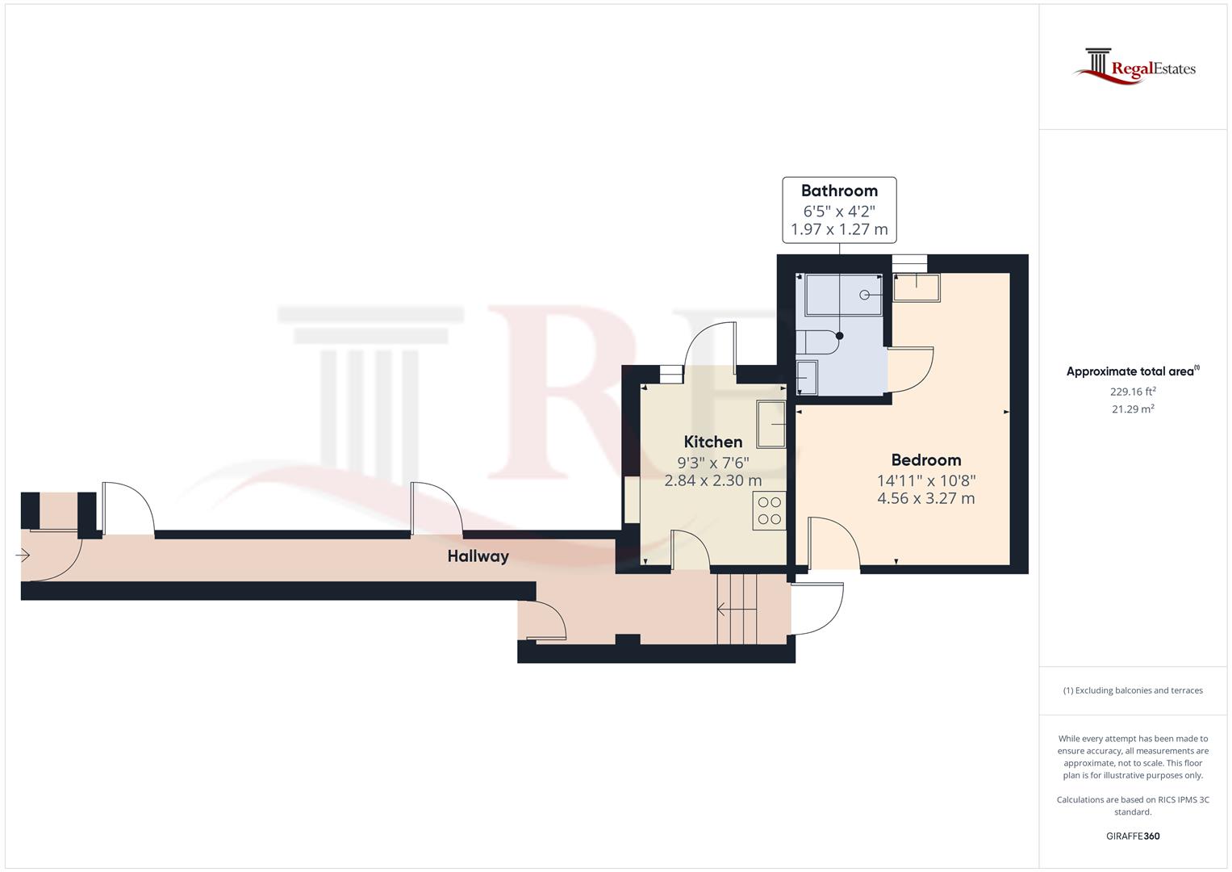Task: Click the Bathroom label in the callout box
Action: [839, 191]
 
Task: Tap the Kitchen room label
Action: [713, 442]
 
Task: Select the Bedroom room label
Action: [925, 460]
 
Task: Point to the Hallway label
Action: [478, 556]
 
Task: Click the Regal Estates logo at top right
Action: [1134, 67]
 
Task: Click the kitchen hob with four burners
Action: [770, 510]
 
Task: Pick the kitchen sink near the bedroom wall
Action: [771, 424]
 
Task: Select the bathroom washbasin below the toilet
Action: [806, 377]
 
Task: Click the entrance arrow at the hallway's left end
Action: [23, 555]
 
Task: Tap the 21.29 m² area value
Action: [1133, 409]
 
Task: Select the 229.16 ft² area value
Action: [1133, 392]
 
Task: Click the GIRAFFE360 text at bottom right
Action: [1133, 836]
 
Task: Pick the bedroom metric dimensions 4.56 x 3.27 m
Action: [925, 499]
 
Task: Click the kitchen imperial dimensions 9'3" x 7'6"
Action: [713, 463]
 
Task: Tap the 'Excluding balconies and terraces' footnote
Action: [1133, 690]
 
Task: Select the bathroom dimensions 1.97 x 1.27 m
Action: [839, 230]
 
